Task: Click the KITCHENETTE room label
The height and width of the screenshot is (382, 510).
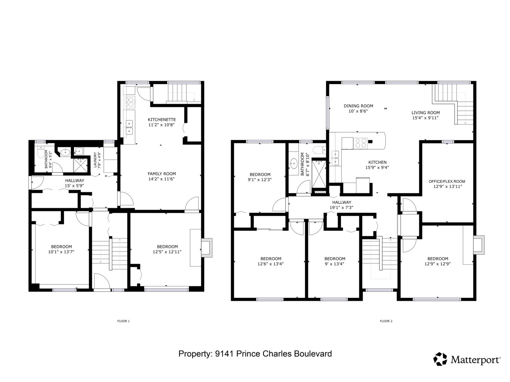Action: (162, 120)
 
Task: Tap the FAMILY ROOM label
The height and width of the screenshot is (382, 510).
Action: (162, 174)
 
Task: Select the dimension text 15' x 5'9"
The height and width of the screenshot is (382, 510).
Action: (74, 186)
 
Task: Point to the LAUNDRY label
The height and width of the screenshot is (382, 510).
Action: (95, 160)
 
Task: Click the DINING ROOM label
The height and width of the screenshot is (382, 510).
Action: (358, 106)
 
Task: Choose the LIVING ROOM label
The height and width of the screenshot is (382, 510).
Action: (426, 113)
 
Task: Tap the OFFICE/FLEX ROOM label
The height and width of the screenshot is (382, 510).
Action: (447, 181)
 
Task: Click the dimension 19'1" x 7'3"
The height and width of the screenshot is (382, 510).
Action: (341, 207)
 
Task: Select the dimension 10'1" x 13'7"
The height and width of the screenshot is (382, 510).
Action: (61, 252)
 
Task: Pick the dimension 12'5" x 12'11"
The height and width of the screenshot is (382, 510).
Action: (167, 252)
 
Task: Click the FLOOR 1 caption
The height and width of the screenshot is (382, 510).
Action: (123, 321)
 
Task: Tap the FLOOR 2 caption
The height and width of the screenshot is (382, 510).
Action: (386, 321)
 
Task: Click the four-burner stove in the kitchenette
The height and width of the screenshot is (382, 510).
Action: (129, 102)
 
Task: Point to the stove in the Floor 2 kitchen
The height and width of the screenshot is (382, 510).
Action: (360, 143)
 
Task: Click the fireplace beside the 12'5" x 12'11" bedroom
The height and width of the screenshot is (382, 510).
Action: (207, 247)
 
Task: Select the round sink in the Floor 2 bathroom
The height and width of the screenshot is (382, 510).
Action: (294, 164)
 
